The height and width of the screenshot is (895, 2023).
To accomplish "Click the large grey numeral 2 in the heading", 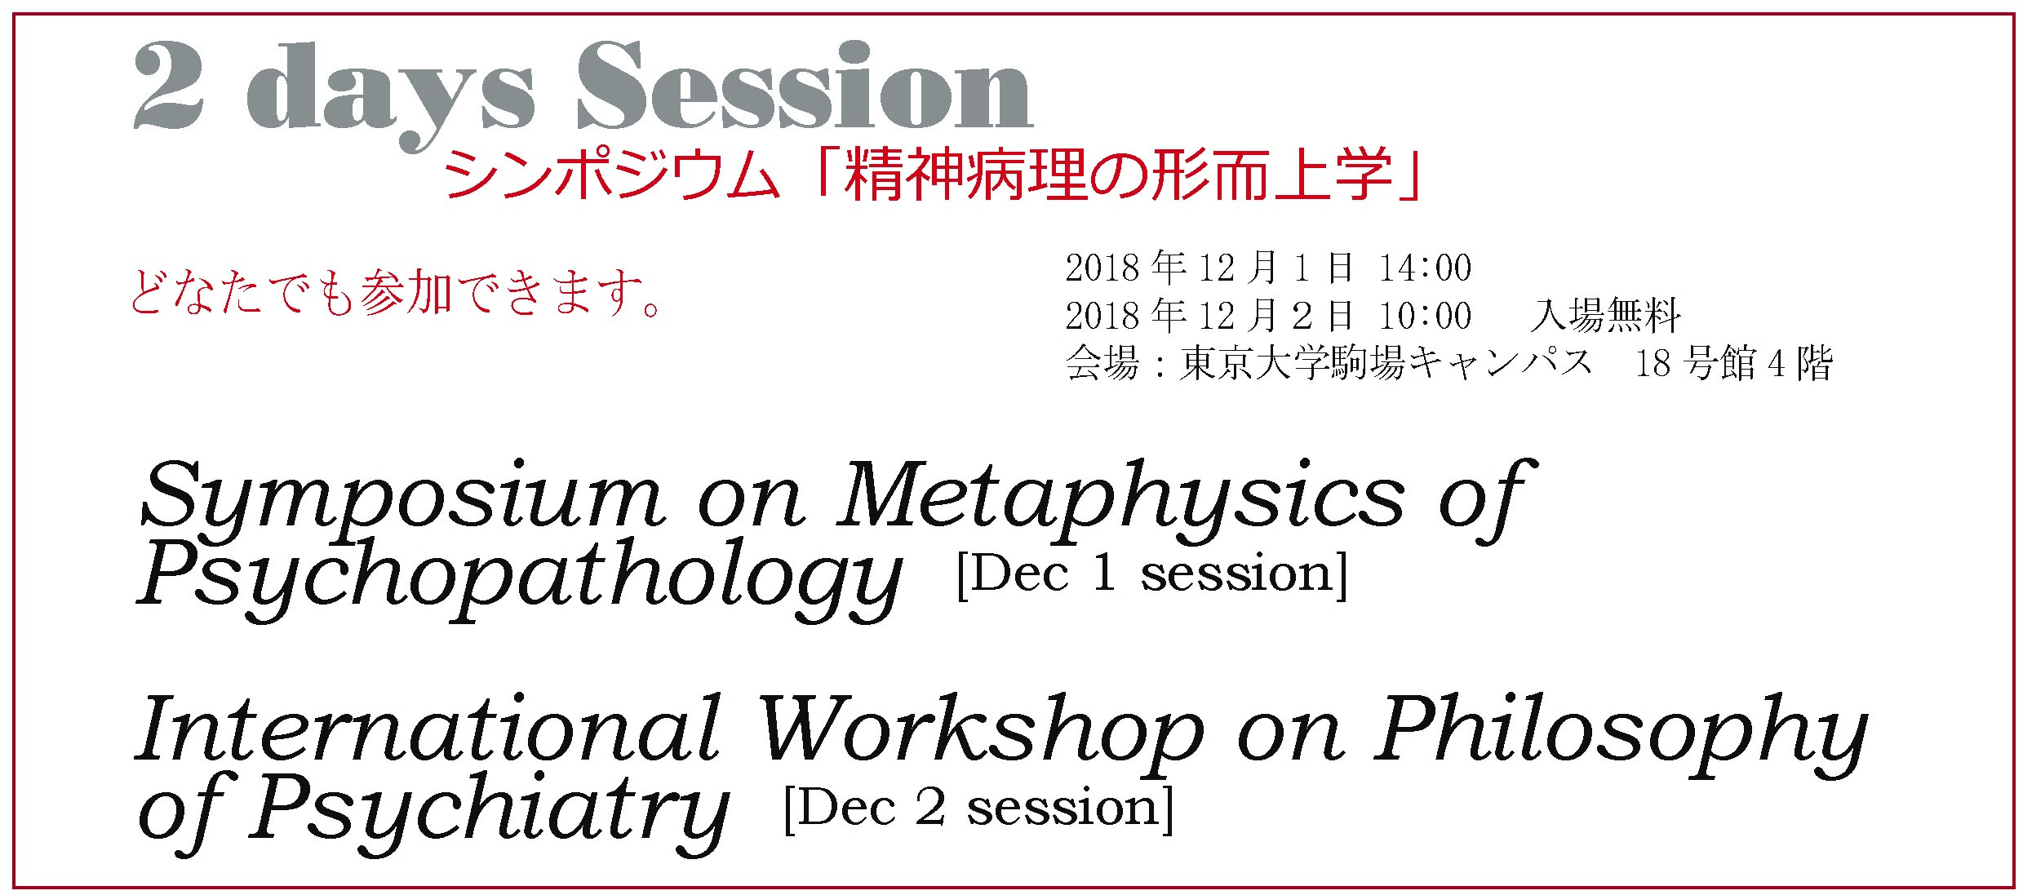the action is [x=168, y=86].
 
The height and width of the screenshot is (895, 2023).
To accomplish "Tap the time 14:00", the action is [x=1425, y=268].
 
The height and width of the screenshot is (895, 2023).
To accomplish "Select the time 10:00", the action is [x=1425, y=316].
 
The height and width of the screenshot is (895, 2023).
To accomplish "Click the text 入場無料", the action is [x=1605, y=316].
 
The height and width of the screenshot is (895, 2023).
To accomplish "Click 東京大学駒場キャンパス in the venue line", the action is [x=1385, y=363].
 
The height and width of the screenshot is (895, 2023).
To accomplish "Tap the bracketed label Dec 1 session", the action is [x=1151, y=574].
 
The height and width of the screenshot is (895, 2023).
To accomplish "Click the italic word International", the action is [x=428, y=729].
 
